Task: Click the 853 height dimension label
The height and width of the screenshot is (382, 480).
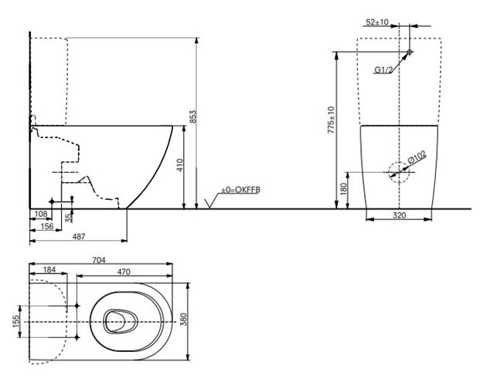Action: coord(193,117)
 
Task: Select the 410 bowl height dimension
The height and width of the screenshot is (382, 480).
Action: coord(180,165)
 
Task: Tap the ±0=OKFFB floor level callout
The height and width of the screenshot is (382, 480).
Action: coord(240,190)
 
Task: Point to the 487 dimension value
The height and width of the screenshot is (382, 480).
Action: coord(79,236)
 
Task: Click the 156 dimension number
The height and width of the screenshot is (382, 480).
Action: coord(47,226)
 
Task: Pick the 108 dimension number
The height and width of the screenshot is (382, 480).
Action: coord(41,214)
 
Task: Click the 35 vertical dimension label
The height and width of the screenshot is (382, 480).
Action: coord(70,217)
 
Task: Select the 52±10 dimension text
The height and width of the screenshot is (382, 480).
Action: coord(377,22)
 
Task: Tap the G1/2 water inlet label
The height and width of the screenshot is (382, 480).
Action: coord(383,70)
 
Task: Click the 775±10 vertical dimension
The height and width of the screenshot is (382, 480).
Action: coord(332,120)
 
